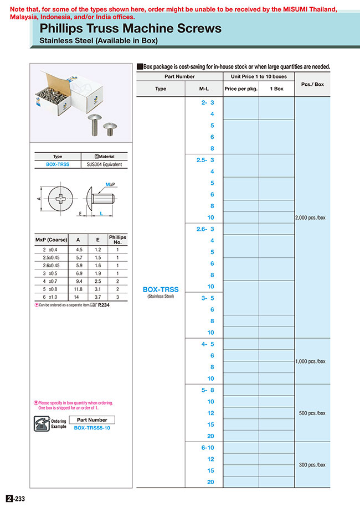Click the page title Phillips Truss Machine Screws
tap(131, 28)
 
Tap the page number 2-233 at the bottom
tap(16, 499)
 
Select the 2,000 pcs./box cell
tap(310, 217)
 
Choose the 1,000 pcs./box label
tap(310, 361)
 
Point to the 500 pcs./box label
tap(312, 413)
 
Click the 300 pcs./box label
tap(312, 465)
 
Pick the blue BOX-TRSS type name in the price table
tap(161, 289)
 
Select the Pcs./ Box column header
tap(312, 84)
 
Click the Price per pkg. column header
tap(240, 89)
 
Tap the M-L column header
tap(204, 89)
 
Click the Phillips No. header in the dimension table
tap(117, 240)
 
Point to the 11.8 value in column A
tap(78, 288)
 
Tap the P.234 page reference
tap(104, 305)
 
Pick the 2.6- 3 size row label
tap(205, 229)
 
